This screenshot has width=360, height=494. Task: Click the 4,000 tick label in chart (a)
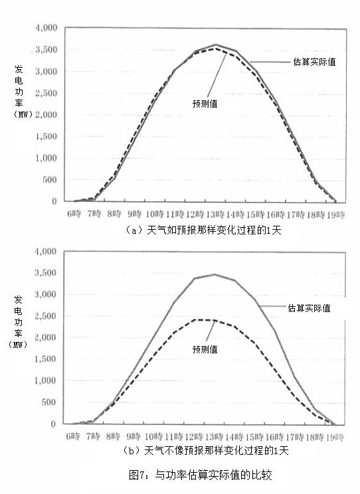coord(46,28)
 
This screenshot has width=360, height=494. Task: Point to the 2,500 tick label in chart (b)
coord(45,315)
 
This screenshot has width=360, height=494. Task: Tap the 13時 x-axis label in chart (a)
coord(215,214)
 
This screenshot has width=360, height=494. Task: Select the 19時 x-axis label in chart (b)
coord(335,437)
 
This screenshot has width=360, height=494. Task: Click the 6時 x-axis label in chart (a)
coord(74,214)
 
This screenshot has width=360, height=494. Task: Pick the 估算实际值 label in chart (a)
coord(314,62)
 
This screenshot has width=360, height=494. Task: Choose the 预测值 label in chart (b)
coord(205,349)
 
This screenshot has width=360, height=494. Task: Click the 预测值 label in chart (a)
coord(205,104)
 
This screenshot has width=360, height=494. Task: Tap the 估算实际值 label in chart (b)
coord(309,308)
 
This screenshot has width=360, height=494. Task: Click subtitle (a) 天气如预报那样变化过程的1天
coord(203,230)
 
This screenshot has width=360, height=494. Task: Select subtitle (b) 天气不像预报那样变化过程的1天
coord(205,451)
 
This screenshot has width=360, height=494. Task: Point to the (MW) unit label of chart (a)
coord(23,114)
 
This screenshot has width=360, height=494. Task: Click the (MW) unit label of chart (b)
coord(18,345)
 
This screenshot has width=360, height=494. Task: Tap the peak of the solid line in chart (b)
coord(215,274)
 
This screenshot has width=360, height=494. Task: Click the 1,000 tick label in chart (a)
coord(46,158)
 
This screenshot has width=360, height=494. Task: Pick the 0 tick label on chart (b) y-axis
coord(53,424)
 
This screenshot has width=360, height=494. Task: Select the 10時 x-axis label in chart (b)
coord(154,437)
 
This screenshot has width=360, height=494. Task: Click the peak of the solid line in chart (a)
coord(216,44)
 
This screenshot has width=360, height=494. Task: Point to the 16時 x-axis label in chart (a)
coord(276,214)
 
